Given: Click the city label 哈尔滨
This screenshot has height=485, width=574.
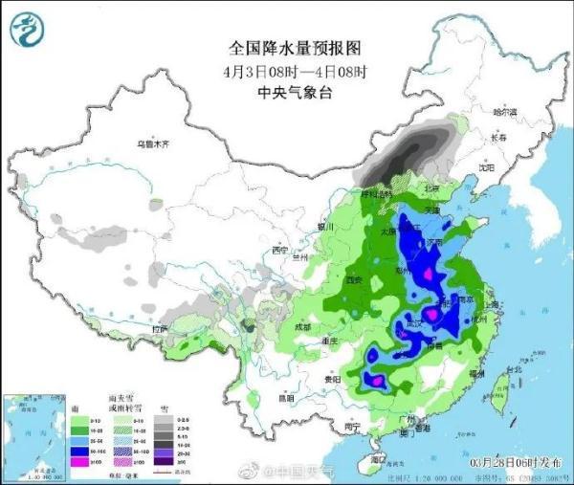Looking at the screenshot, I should click(504, 113).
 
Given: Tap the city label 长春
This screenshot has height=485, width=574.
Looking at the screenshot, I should click(498, 138).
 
